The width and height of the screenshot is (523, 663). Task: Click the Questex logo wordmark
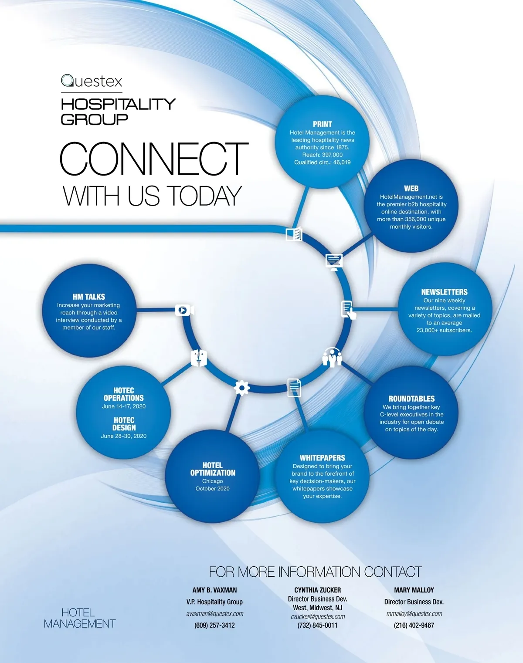coord(92,81)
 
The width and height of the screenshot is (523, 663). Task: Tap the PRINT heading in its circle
coord(322,124)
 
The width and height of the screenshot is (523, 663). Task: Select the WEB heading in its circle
coord(411,189)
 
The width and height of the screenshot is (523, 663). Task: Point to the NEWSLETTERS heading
coord(444,292)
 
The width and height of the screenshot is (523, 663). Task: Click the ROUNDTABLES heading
coord(411,399)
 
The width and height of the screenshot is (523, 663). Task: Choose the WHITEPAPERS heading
coord(322,458)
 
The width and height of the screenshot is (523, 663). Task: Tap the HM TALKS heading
coord(89,297)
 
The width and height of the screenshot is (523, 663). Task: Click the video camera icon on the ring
coord(184,310)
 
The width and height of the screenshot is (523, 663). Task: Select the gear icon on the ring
coord(242,387)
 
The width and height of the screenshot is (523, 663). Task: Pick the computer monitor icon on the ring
coord(334,261)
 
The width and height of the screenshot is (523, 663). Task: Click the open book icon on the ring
coord(294,234)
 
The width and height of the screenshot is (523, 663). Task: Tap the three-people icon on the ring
coord(332,357)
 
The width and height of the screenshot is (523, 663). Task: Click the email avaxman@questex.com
coord(214,614)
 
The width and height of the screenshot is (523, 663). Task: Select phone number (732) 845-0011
coord(317,625)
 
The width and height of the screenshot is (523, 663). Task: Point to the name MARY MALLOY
coord(414,590)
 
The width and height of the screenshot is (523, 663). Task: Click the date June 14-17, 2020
coord(124,406)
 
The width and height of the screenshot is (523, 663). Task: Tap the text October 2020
coord(212,489)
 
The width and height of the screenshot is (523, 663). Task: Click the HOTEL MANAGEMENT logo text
coord(79,618)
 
